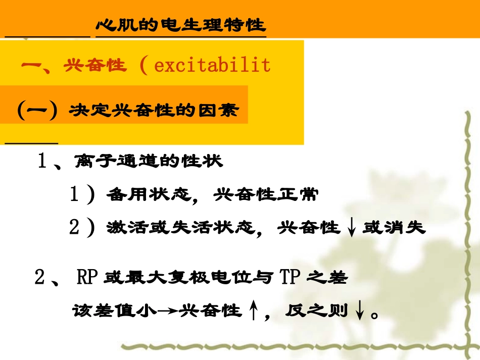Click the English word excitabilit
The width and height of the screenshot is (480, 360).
(212, 65)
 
